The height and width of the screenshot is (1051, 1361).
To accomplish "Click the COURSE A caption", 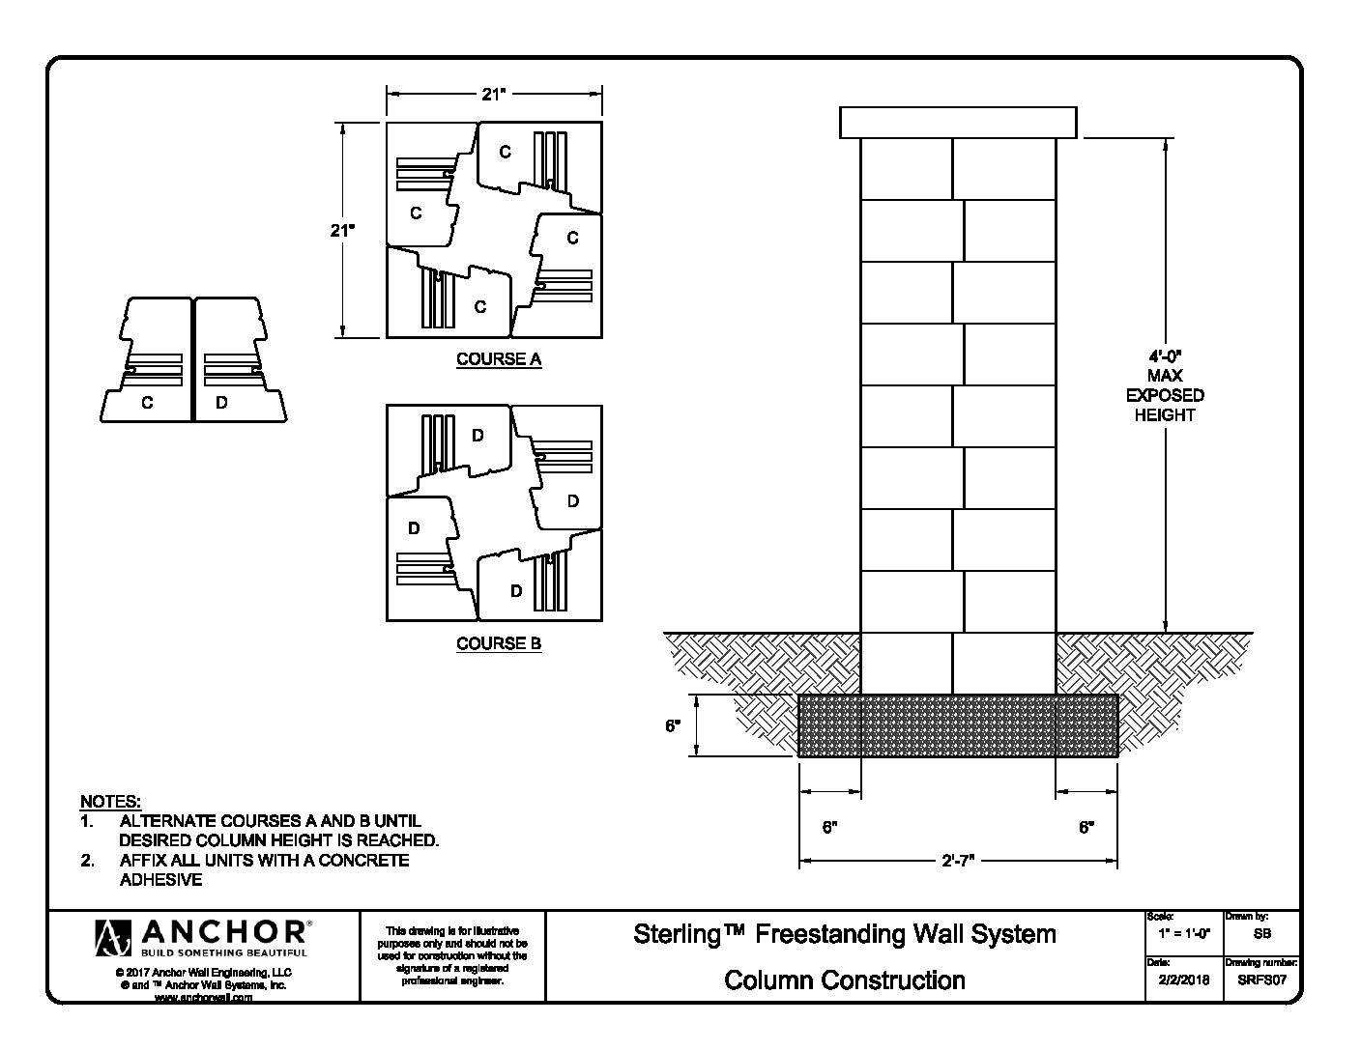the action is tap(499, 359).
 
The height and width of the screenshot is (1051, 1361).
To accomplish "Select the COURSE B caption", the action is tap(499, 643).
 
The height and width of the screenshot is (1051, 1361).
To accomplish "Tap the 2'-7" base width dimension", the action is tap(958, 862).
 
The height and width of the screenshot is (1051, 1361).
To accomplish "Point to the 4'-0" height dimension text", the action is tap(1165, 356).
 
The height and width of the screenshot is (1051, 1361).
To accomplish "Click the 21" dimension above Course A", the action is tap(494, 94).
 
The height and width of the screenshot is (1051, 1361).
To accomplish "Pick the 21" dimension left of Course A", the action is tap(342, 230).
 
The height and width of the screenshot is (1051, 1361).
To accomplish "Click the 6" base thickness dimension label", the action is tap(673, 725).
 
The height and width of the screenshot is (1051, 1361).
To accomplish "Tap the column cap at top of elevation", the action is tap(958, 123).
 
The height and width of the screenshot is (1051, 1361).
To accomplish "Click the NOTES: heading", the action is tap(111, 801).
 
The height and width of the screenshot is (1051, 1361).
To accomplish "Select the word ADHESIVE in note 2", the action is tap(161, 879).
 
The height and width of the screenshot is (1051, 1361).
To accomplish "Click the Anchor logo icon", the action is tap(113, 938).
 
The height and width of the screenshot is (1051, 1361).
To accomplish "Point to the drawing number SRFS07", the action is tap(1261, 980).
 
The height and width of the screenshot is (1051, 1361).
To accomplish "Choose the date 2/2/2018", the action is tap(1184, 980).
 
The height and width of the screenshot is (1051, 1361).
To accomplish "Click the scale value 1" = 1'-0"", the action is tap(1184, 933).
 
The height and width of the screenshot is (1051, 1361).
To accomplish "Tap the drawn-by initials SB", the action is tap(1262, 933).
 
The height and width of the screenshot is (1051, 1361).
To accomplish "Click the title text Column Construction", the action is tap(844, 980).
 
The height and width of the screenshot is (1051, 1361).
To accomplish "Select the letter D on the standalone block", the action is tap(221, 403).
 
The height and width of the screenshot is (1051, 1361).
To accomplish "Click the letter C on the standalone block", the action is tap(147, 403).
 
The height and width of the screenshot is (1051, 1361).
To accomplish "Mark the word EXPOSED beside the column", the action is tap(1165, 395).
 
